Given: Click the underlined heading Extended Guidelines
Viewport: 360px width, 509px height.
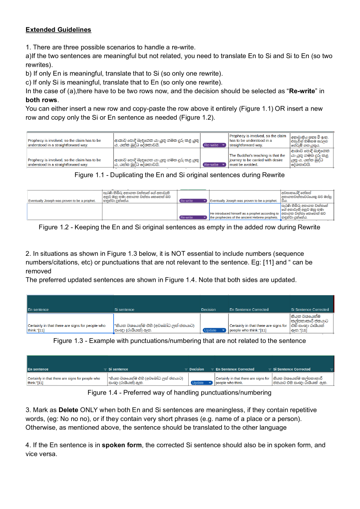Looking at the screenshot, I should click(x=58, y=29).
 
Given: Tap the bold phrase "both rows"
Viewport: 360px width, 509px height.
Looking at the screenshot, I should click(x=41, y=100).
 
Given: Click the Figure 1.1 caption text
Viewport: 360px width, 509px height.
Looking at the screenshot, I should click(x=180, y=175).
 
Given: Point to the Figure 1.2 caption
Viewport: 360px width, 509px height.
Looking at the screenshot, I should click(x=180, y=227).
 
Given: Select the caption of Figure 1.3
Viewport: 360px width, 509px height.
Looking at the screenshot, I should click(x=180, y=341).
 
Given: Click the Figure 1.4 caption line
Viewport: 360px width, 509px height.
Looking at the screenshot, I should click(x=180, y=393).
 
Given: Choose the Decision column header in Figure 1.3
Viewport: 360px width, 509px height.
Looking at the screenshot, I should click(x=208, y=310).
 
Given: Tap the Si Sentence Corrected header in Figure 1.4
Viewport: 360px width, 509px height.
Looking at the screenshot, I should click(x=292, y=369).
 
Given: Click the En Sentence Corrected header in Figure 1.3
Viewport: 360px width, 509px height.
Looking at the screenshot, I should click(x=249, y=310).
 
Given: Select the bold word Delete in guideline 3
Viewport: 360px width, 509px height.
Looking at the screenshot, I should click(x=68, y=410).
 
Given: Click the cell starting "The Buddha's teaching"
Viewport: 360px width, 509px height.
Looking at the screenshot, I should click(x=258, y=160).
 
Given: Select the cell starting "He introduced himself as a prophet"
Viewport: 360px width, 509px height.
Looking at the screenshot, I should click(x=244, y=215).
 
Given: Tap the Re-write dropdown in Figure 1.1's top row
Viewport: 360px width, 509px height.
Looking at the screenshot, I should click(x=215, y=145).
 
